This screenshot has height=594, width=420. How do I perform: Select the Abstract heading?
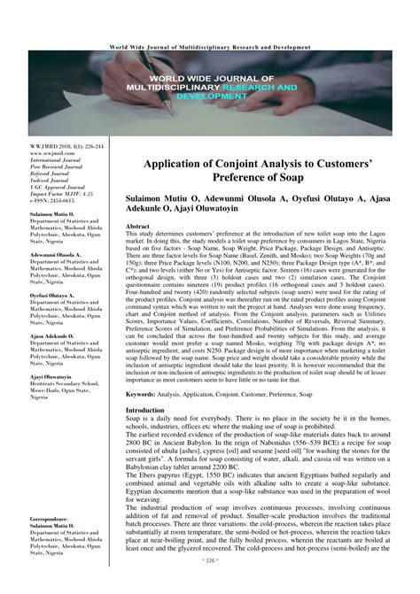coord(140,226)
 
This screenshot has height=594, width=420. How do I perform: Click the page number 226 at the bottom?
coord(210,584)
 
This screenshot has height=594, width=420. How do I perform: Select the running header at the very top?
coord(210,45)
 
